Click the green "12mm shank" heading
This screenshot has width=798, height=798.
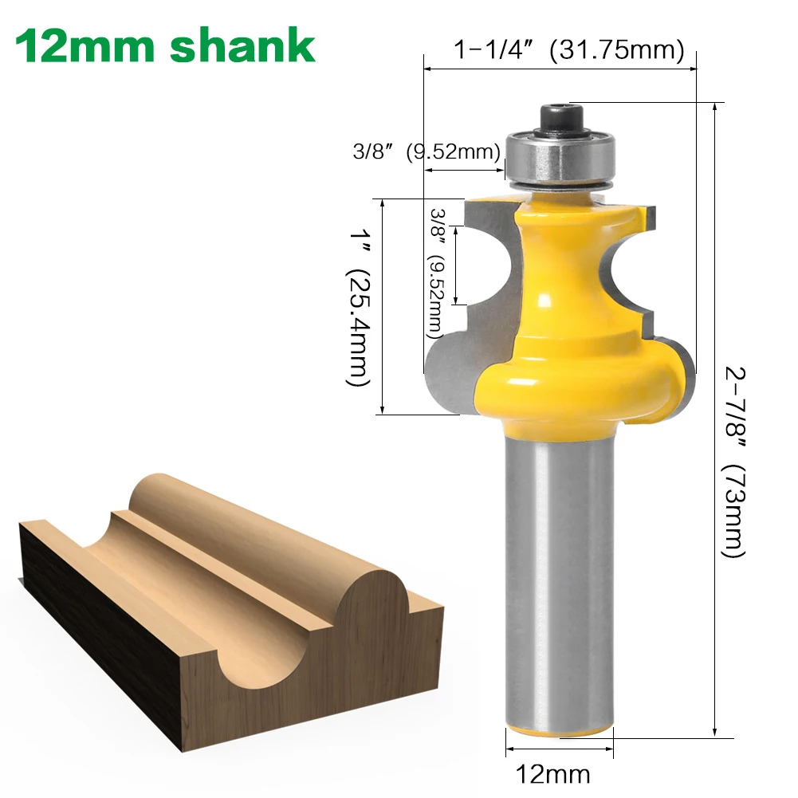pos(166,45)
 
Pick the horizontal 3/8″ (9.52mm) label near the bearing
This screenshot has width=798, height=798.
pos(427,151)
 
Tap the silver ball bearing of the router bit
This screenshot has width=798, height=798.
pos(558,159)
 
